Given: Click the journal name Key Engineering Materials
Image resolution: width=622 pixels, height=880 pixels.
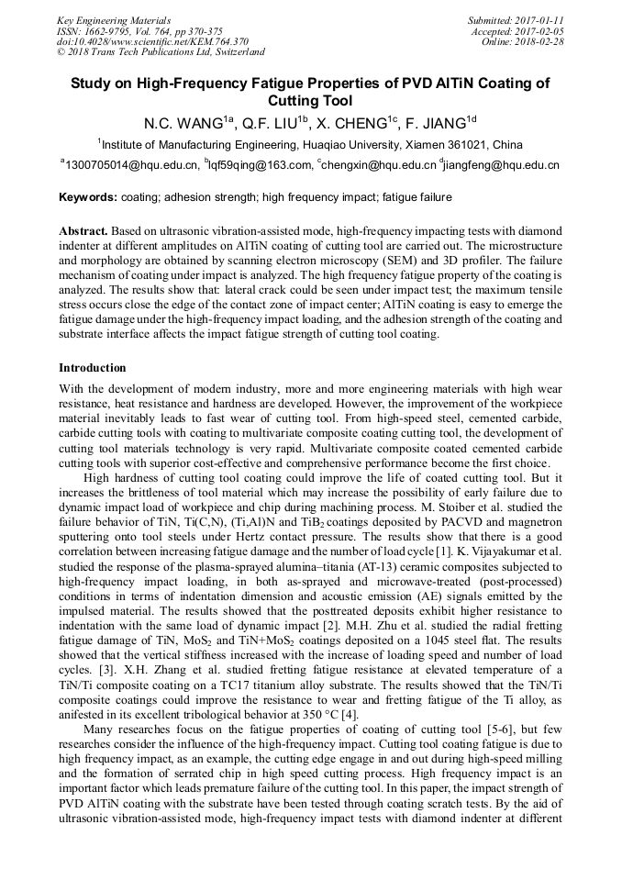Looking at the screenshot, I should coord(113,19).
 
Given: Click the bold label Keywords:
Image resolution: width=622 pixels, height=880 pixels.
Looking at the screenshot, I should coord(88,197).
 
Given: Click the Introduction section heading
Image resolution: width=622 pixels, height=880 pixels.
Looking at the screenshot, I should coord(93,368).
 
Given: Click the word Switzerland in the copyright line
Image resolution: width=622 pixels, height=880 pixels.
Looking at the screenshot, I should coord(236,52).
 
